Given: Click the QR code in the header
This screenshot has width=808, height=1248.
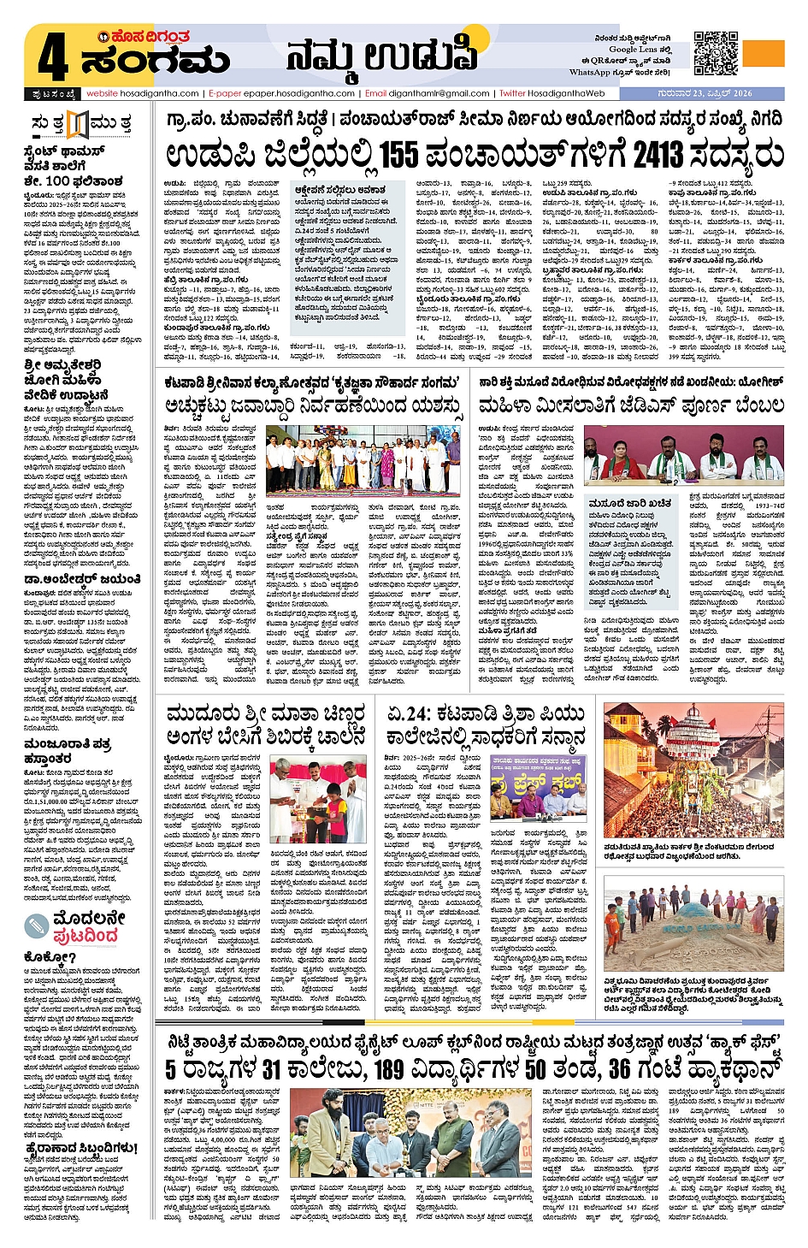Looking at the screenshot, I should coord(716,54).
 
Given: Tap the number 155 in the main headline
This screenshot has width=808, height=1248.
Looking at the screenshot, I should coord(398,156).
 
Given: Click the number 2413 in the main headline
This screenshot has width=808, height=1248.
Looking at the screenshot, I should coord(658,156).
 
